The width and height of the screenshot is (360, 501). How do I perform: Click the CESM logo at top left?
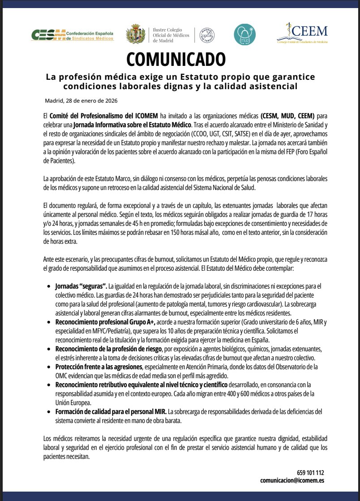(x=72, y=35)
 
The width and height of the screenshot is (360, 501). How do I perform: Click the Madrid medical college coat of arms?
(x=135, y=35)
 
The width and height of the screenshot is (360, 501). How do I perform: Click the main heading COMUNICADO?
(x=176, y=59)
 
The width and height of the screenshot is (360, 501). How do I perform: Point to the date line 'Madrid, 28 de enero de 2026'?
(x=81, y=100)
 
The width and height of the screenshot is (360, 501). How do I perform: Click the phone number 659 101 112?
(x=310, y=473)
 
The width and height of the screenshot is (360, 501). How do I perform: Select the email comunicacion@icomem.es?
(x=292, y=480)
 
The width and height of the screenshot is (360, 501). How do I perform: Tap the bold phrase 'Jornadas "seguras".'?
(x=81, y=285)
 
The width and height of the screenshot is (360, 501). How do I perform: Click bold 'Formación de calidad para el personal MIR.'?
(x=111, y=411)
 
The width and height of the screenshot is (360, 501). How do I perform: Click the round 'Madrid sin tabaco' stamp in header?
(x=206, y=35)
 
